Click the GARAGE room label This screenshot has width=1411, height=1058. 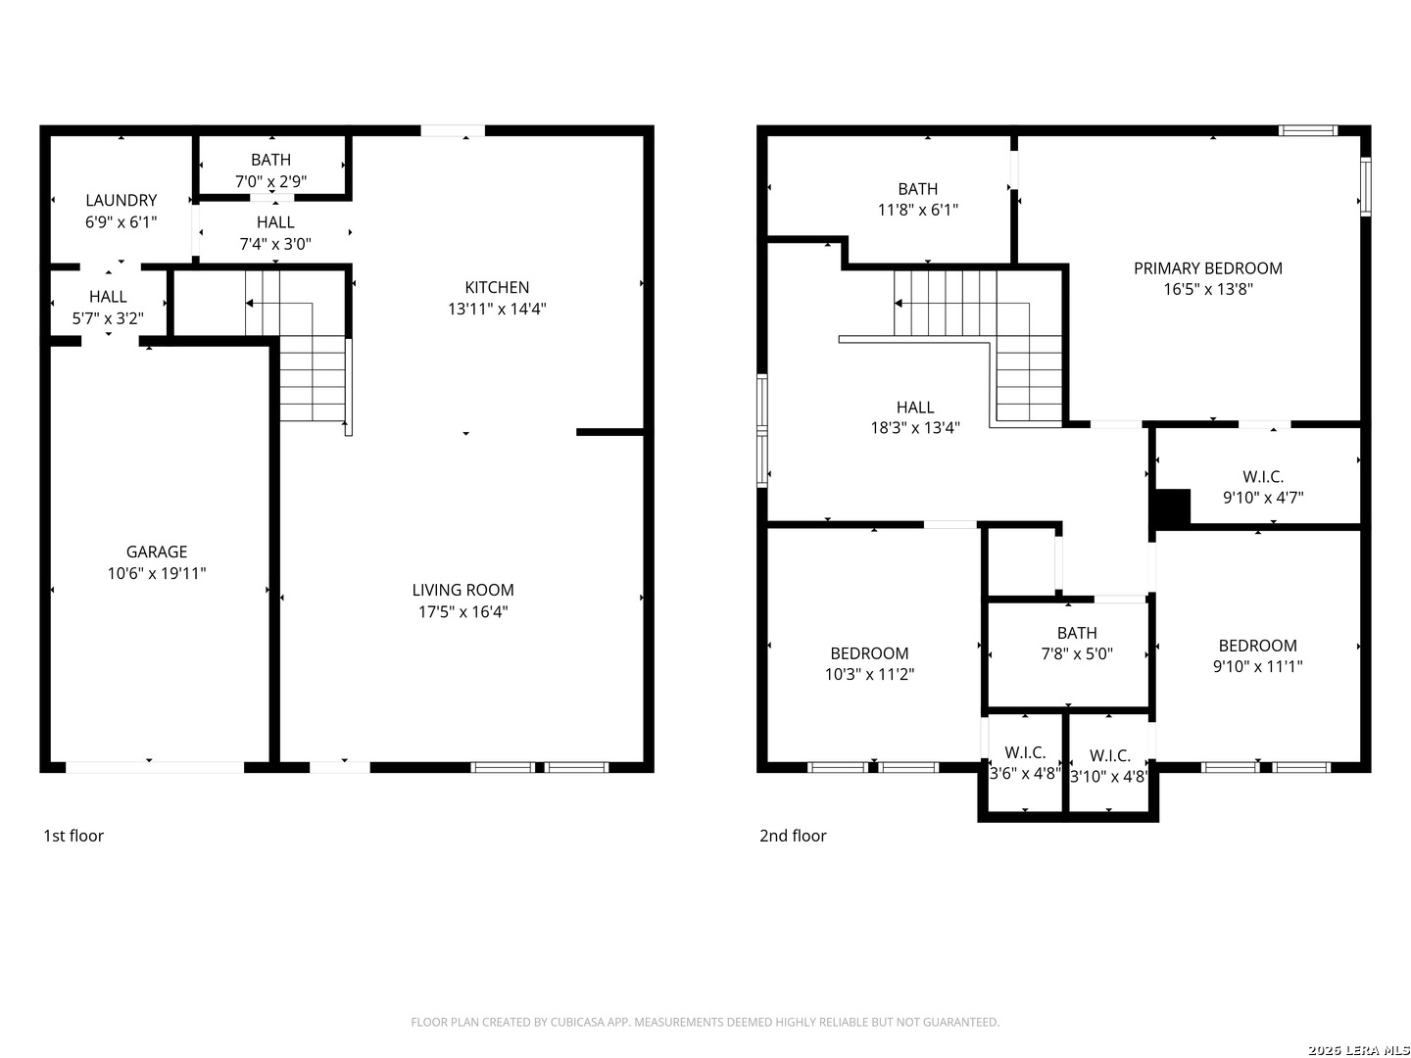[156, 552]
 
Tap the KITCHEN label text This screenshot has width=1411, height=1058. [496, 287]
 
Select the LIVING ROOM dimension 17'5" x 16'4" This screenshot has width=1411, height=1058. [462, 611]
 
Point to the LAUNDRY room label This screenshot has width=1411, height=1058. [121, 201]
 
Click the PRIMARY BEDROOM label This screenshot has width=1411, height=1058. [1207, 267]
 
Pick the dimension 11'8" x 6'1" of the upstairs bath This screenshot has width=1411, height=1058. [917, 210]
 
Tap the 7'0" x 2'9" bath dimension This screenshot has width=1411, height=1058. [270, 181]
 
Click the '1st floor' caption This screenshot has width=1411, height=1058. [73, 835]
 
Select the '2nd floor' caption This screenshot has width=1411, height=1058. [793, 835]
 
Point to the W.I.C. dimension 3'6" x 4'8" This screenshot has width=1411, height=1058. [1024, 773]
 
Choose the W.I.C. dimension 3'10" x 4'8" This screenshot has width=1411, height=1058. [1108, 776]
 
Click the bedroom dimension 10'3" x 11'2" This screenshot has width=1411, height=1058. [869, 674]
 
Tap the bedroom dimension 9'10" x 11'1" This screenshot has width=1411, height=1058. [1257, 666]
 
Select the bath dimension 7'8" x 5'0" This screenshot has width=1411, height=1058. [1077, 653]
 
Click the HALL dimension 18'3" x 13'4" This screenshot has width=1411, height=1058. [915, 427]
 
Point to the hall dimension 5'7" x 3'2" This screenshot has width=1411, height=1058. [108, 318]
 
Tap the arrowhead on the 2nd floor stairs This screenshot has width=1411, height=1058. [899, 304]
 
